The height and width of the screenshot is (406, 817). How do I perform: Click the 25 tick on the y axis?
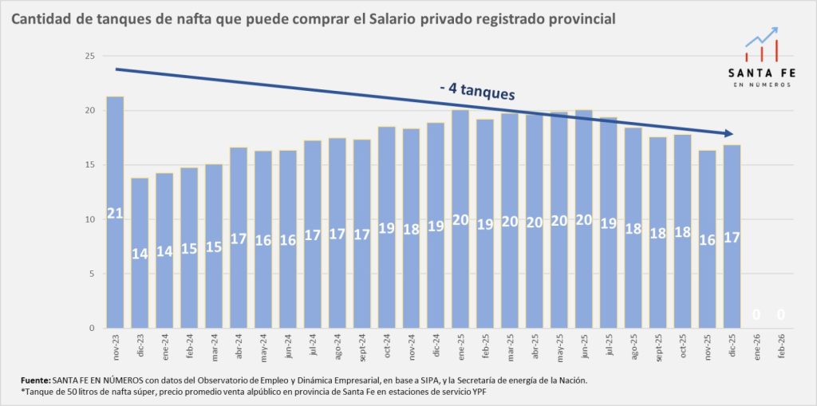click(89, 56)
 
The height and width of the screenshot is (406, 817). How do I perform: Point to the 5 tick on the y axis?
click(92, 274)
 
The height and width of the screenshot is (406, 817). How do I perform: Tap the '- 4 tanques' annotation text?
click(477, 92)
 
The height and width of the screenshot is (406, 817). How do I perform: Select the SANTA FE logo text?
click(761, 73)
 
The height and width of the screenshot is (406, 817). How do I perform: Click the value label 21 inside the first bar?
click(115, 214)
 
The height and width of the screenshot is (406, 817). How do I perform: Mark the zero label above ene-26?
click(756, 315)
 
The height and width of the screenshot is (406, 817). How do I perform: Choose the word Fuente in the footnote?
click(36, 380)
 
